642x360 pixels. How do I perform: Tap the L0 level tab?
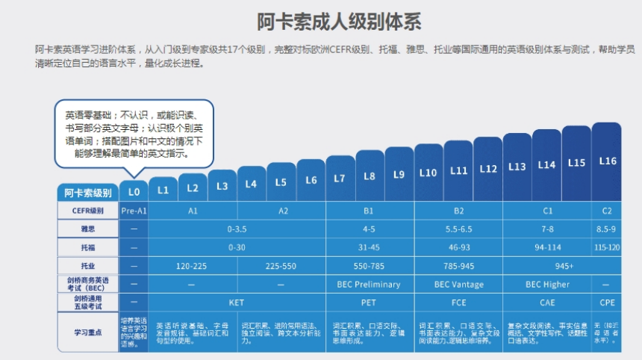tap(134, 191)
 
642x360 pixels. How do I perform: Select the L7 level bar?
tap(340, 178)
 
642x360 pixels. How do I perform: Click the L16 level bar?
tap(607, 161)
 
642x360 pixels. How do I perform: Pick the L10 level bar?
tap(428, 173)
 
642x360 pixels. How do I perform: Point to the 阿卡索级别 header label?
tap(87, 192)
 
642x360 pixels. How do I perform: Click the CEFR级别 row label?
tap(87, 211)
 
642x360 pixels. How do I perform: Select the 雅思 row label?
tap(87, 229)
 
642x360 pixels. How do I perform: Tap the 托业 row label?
tap(87, 265)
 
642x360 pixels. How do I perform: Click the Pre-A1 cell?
tap(134, 211)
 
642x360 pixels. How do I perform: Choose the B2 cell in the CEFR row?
tap(458, 211)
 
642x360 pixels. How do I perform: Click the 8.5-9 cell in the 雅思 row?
tap(607, 229)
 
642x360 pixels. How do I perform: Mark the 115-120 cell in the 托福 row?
tap(607, 247)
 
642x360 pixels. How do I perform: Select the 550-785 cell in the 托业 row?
tap(370, 265)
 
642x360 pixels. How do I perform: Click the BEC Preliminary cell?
tap(370, 284)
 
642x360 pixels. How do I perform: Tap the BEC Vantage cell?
tap(458, 284)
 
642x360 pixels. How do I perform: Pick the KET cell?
tap(237, 302)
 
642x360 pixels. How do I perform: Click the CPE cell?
tap(607, 302)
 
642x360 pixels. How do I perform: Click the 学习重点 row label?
tap(87, 331)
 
